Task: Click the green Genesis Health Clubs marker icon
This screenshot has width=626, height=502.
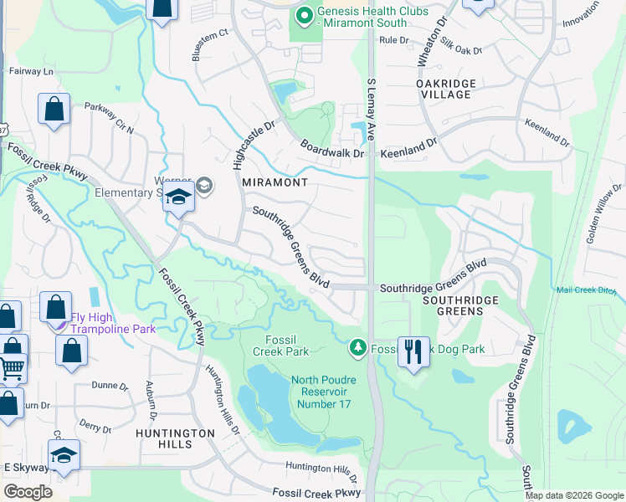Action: [304, 17]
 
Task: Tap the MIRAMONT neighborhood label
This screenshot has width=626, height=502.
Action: [275, 182]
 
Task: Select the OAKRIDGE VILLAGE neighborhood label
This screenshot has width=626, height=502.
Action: [446, 89]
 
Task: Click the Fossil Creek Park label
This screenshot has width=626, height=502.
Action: [287, 346]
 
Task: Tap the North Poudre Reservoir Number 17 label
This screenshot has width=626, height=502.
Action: [323, 392]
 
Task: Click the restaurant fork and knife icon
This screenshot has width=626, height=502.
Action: [413, 351]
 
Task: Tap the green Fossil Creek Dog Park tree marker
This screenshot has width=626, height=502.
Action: [358, 346]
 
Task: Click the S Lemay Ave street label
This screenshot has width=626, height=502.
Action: [371, 110]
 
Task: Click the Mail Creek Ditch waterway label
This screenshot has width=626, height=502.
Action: [591, 289]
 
